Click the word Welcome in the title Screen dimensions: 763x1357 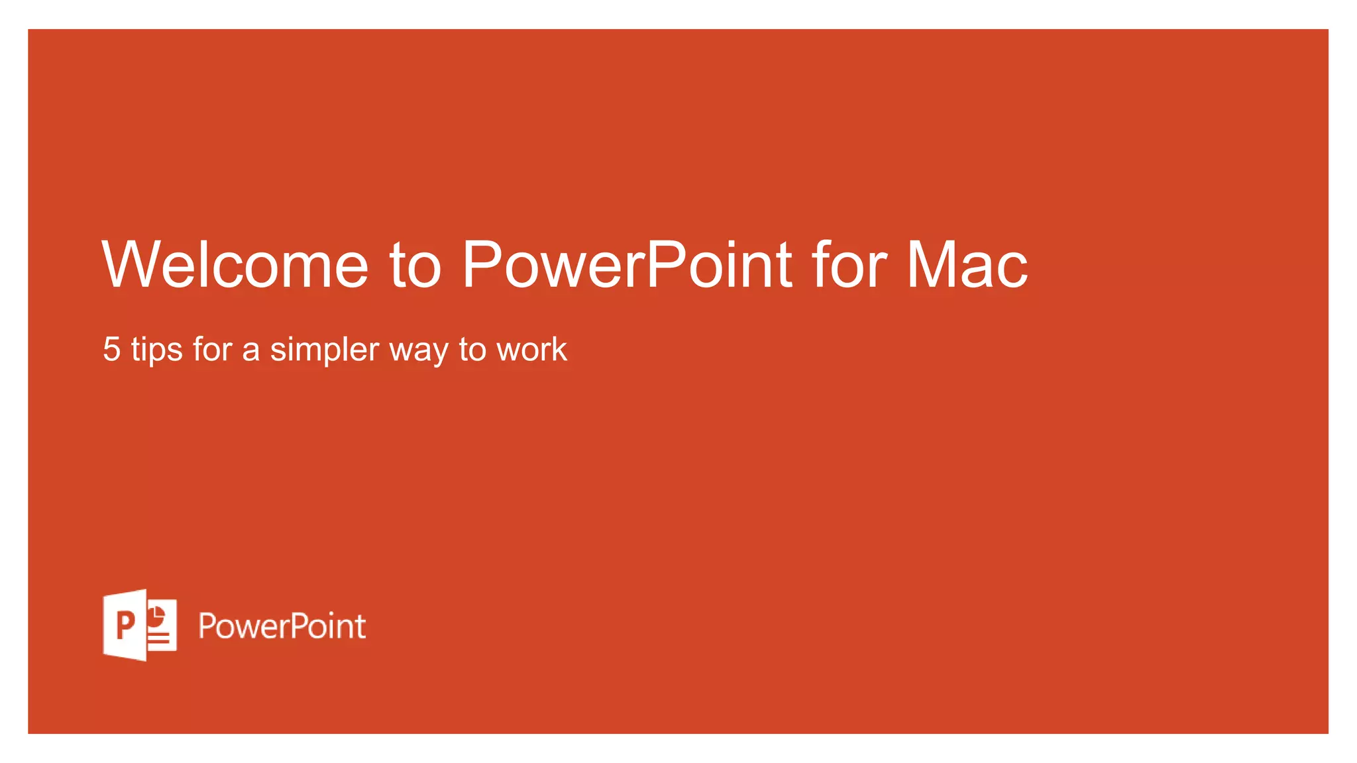point(235,265)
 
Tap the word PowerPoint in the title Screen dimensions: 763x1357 point(627,265)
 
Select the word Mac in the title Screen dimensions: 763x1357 point(967,265)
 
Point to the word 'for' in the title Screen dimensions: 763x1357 point(849,265)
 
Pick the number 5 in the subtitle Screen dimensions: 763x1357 point(112,349)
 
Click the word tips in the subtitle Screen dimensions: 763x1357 point(156,350)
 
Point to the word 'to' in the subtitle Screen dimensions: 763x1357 point(472,350)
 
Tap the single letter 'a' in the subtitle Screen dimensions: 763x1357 point(250,351)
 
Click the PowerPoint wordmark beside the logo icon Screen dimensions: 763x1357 point(282,626)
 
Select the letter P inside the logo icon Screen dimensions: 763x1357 point(125,625)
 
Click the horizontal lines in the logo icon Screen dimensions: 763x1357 point(159,638)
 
